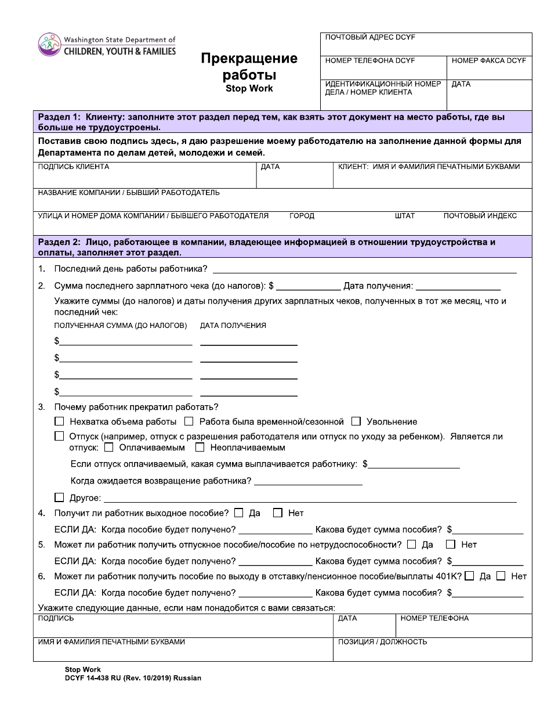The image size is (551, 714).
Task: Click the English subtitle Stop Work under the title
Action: [x=249, y=89]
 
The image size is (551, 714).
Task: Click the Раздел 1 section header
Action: [x=282, y=122]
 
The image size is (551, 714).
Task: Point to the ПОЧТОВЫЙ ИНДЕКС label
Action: [x=480, y=216]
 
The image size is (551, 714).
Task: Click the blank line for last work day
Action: [x=365, y=269]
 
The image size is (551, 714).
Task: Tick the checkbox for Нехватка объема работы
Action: [x=59, y=421]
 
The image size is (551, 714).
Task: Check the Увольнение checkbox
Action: [x=356, y=421]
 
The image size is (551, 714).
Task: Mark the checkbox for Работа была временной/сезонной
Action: [x=188, y=421]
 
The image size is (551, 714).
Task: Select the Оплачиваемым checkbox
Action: [x=108, y=448]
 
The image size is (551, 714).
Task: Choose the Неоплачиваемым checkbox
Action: [x=200, y=448]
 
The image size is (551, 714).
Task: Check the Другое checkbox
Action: [x=59, y=497]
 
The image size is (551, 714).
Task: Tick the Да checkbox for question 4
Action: [x=238, y=513]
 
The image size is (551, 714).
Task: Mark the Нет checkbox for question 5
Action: [x=450, y=544]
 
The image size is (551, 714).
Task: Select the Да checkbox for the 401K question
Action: [x=469, y=576]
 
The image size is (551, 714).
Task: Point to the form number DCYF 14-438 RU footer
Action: [x=133, y=678]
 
